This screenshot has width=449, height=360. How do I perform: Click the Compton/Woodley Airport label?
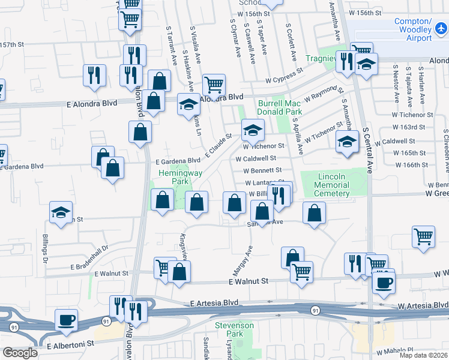click(414, 30)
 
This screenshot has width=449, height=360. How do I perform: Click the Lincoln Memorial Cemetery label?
click(331, 185)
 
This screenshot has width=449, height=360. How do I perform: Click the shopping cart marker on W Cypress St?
click(214, 85)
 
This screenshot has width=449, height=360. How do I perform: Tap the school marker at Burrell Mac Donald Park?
click(253, 129)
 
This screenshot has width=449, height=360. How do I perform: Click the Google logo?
click(19, 353)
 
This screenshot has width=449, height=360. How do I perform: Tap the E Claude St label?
click(218, 146)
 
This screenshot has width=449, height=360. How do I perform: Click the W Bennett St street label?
click(259, 172)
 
